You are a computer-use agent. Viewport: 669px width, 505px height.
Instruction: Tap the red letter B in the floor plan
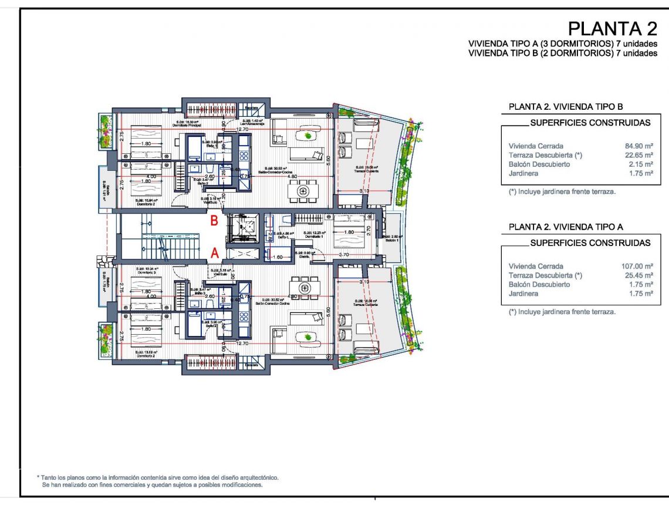tap(215, 221)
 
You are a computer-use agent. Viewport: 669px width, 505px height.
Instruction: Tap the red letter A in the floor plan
tap(215, 253)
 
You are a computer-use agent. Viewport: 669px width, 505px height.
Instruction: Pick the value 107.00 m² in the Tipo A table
tap(636, 266)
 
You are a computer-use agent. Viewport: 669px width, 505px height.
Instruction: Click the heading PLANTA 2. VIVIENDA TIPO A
tap(566, 227)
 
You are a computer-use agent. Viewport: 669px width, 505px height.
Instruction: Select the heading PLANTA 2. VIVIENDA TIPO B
tap(566, 107)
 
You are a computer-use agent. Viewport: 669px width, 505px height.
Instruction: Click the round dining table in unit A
tap(304, 288)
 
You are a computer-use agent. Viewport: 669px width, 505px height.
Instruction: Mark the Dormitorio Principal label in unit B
tap(187, 126)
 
